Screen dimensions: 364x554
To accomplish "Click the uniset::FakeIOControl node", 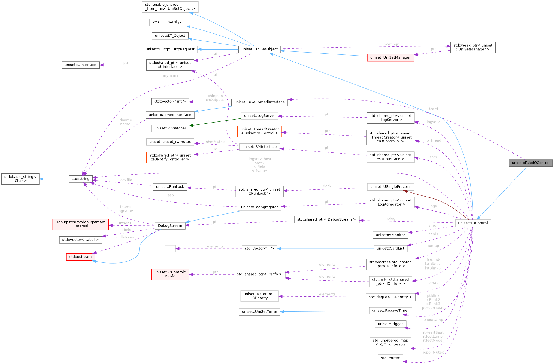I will point(530,163).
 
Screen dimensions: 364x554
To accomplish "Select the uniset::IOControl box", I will point(473,223).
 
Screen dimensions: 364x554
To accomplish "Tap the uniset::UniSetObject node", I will point(259,49).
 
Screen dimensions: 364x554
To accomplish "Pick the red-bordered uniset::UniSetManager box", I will point(390,57).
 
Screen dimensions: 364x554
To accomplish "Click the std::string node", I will point(80,179).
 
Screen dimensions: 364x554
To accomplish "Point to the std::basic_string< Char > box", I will point(20,179).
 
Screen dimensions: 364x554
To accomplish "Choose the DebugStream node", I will point(170,226).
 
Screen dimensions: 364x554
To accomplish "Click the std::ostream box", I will point(80,257).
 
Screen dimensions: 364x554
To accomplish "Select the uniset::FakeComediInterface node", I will point(259,102).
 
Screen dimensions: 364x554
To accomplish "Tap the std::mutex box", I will point(390,358).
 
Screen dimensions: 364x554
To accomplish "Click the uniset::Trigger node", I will point(390,324).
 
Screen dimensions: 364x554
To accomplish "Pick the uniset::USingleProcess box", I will point(390,187).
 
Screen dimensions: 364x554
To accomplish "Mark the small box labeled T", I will point(170,249).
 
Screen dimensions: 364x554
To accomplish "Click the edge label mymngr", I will point(391,44).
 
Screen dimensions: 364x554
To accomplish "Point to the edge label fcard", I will point(433,109).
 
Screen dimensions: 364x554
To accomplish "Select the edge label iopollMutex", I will point(433,352).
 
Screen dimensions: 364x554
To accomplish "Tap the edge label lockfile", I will point(126,180).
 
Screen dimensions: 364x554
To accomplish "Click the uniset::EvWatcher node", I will point(170,128).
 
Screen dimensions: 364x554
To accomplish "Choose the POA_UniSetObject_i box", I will point(170,22).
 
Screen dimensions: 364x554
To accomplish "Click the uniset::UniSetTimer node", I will point(259,312).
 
